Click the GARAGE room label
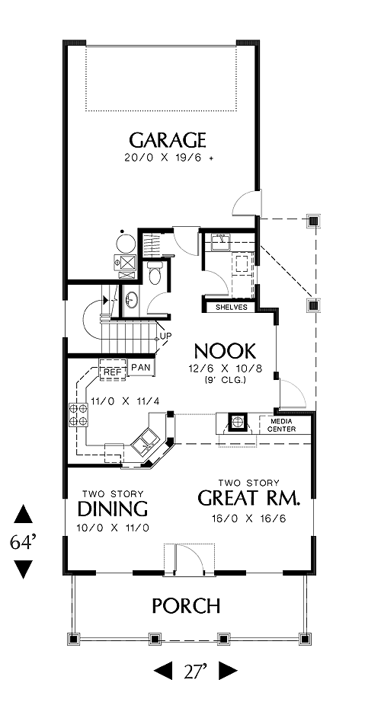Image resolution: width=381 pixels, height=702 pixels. (168, 140)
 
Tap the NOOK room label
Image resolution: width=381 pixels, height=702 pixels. (225, 352)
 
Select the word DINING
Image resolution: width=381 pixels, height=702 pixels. (113, 509)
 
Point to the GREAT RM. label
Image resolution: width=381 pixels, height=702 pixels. (248, 498)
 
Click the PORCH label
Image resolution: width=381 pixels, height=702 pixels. (186, 606)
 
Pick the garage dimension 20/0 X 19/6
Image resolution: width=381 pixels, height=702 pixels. (164, 158)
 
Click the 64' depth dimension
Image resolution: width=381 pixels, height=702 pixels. (23, 542)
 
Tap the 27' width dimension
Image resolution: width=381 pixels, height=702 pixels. (195, 671)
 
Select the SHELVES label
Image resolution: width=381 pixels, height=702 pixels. (232, 308)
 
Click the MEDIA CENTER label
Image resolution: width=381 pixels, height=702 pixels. (281, 426)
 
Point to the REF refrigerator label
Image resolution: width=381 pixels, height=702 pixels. (110, 372)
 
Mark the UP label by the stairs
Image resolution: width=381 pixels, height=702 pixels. (165, 336)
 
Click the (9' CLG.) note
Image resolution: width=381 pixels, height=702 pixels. (225, 380)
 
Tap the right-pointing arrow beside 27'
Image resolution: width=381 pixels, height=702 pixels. (228, 671)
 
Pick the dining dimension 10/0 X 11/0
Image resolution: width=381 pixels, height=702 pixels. (113, 528)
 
